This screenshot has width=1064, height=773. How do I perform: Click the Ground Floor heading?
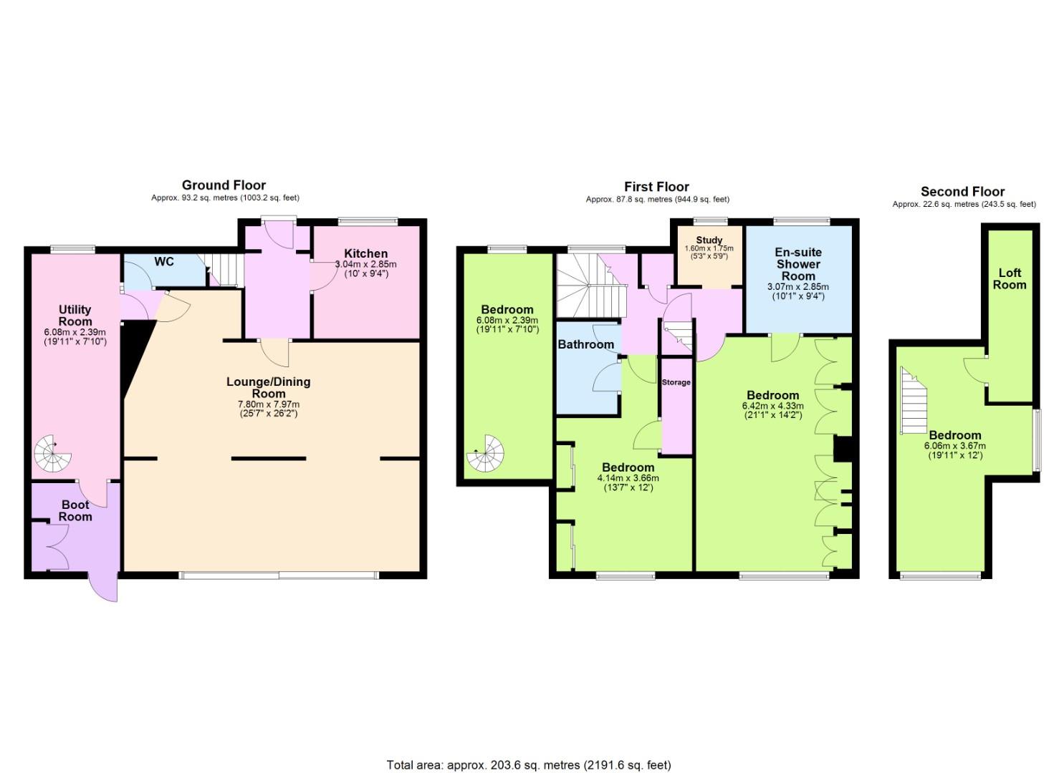(x=224, y=185)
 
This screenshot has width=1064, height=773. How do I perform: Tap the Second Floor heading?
(x=963, y=192)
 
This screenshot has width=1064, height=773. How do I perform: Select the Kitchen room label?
(x=365, y=253)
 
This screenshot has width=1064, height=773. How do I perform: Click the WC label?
(x=164, y=261)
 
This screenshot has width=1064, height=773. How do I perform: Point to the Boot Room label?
(x=75, y=510)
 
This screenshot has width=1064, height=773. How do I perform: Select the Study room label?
(x=709, y=240)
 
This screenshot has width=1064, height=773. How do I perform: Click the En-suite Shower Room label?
(x=798, y=264)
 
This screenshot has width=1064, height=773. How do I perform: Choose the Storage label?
(x=676, y=382)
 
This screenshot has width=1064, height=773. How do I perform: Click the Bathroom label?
(x=585, y=344)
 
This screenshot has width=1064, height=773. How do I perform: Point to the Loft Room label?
(x=1010, y=278)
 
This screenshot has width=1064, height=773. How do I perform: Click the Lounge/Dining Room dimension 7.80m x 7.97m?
(x=269, y=404)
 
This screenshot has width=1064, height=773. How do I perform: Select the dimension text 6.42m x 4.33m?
(x=773, y=406)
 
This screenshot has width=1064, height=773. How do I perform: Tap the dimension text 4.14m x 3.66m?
(x=628, y=478)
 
